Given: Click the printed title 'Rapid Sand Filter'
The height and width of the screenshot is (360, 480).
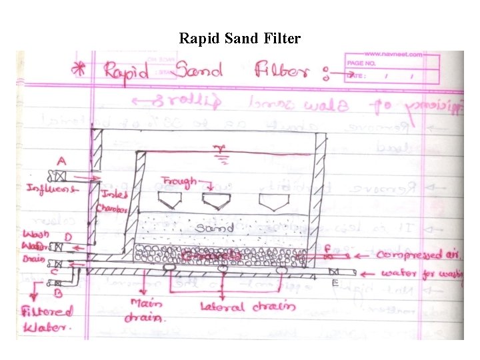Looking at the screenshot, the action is pyautogui.click(x=239, y=38).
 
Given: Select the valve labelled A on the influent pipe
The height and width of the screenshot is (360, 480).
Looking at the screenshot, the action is pyautogui.click(x=61, y=176).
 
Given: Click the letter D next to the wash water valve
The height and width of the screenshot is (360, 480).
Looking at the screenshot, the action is pyautogui.click(x=67, y=237).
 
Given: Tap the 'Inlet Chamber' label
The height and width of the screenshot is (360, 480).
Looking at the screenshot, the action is pyautogui.click(x=110, y=200).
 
